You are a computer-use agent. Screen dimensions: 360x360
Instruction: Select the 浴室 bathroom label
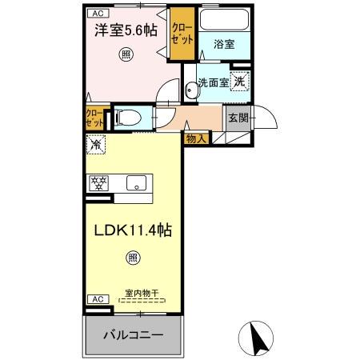(223, 45)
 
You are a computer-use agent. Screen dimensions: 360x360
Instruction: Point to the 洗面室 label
(213, 82)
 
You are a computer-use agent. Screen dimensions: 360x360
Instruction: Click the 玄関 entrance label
(238, 118)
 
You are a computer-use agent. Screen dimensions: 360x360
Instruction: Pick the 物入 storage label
(195, 138)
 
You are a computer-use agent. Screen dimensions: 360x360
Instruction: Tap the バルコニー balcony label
(133, 334)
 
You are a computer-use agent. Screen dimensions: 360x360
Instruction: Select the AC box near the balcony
(96, 299)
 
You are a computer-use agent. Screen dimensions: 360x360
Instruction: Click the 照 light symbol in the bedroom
(125, 54)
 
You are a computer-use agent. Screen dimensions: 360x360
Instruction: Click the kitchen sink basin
(137, 182)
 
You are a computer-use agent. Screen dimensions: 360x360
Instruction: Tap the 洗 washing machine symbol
(239, 80)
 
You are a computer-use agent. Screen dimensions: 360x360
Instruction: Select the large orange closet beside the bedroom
(179, 37)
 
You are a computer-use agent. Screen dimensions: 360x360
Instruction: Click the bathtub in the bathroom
(223, 21)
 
